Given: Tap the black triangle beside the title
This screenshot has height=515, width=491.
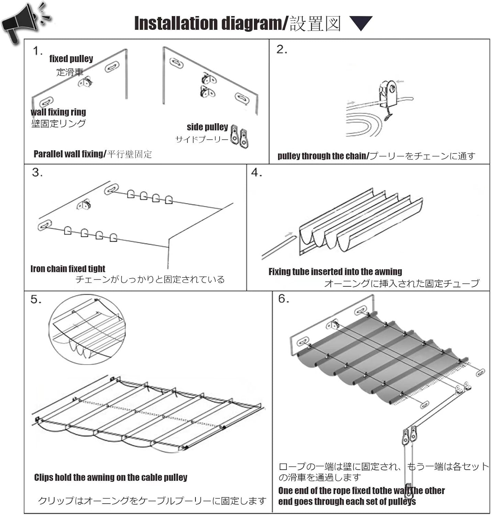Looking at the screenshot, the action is (x=361, y=23).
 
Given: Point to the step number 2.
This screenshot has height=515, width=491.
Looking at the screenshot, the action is (x=281, y=49).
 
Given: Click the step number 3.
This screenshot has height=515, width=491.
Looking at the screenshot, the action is (x=37, y=172).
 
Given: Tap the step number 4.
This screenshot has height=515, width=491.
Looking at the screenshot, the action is (x=256, y=172).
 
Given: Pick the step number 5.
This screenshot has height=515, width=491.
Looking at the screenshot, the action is (x=36, y=299).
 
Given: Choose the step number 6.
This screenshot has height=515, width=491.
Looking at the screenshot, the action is (x=283, y=299).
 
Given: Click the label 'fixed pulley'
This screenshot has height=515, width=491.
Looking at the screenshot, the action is (x=71, y=59).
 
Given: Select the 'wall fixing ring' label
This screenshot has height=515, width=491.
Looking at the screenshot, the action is (x=58, y=112).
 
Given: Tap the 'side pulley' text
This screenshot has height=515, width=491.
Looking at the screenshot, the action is (x=207, y=127).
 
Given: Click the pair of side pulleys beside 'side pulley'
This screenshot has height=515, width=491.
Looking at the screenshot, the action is (x=239, y=136).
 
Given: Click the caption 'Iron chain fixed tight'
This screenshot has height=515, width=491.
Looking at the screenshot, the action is (x=68, y=269).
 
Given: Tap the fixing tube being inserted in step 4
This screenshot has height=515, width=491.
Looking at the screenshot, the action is (x=279, y=248).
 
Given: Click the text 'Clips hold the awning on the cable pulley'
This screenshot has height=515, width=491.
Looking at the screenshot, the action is (x=111, y=478).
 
